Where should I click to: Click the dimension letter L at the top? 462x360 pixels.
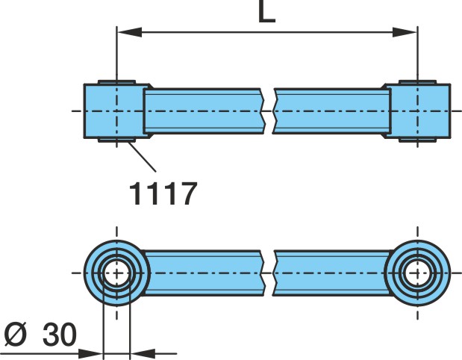266,11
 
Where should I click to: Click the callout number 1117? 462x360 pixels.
163,193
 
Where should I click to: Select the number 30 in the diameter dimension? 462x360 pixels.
60,335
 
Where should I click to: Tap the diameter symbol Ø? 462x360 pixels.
16,335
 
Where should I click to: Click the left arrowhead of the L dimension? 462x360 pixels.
129,32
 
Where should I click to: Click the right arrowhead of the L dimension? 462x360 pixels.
405,32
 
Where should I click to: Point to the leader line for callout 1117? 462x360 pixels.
142,157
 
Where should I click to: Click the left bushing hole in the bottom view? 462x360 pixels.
117,273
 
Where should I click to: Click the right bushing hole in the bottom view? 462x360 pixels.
417,273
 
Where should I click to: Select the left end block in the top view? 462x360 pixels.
116,111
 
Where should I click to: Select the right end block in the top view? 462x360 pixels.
418,111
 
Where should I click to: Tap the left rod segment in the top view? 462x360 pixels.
204,111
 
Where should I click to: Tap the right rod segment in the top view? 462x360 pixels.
331,111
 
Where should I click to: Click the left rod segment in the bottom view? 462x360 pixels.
203,273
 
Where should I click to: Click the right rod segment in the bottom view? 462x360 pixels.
332,273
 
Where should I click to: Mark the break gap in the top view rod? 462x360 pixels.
269,111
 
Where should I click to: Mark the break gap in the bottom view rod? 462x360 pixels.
269,273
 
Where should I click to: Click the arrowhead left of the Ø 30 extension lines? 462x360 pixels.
91,353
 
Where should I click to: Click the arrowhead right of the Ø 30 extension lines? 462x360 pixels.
143,353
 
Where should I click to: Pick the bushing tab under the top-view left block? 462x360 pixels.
116,140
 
